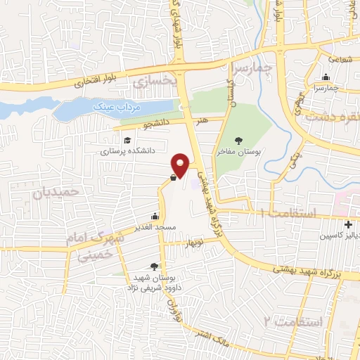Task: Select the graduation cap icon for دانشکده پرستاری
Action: coord(126,139)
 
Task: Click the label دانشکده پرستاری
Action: coord(127,150)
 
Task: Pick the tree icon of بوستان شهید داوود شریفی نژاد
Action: coord(153,266)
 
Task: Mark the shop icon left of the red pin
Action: coord(173,178)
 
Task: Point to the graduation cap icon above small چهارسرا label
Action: coord(325,77)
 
